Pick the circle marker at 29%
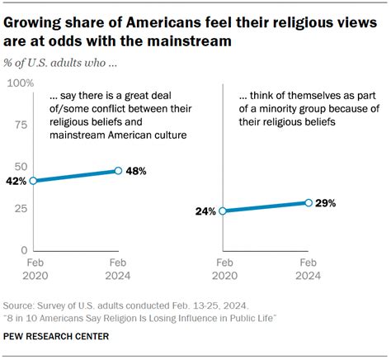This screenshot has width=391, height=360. (308, 202)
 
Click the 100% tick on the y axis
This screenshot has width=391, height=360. (20, 83)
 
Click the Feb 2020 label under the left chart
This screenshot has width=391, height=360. (33, 271)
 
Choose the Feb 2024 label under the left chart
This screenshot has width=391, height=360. (118, 271)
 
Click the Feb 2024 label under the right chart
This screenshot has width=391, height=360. (308, 271)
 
